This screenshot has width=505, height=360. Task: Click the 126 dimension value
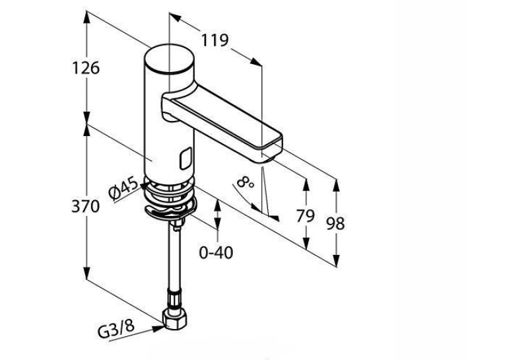pos(86,68)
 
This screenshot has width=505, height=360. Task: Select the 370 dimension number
pos(85,206)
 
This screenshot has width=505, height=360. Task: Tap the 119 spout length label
pos(215,40)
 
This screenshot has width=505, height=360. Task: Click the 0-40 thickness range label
pos(216,252)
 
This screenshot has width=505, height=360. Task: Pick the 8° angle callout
pos(246,182)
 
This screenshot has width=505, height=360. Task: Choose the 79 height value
pos(305,215)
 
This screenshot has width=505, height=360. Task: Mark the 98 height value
pos(335,223)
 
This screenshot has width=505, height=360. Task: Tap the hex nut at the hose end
pos(175,318)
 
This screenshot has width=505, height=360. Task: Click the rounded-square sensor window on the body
pos(185,159)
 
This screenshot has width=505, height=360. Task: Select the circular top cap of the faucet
pos(170,59)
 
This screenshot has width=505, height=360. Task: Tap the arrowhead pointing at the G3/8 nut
pos(158,329)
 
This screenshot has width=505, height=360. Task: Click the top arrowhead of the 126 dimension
pos(86,17)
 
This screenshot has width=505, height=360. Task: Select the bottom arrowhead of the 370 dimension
pos(86,273)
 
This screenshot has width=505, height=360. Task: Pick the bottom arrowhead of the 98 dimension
pos(336,260)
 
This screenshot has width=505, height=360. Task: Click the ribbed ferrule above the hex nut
pos(174,299)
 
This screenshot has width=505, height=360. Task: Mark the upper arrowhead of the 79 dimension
pos(306,185)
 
